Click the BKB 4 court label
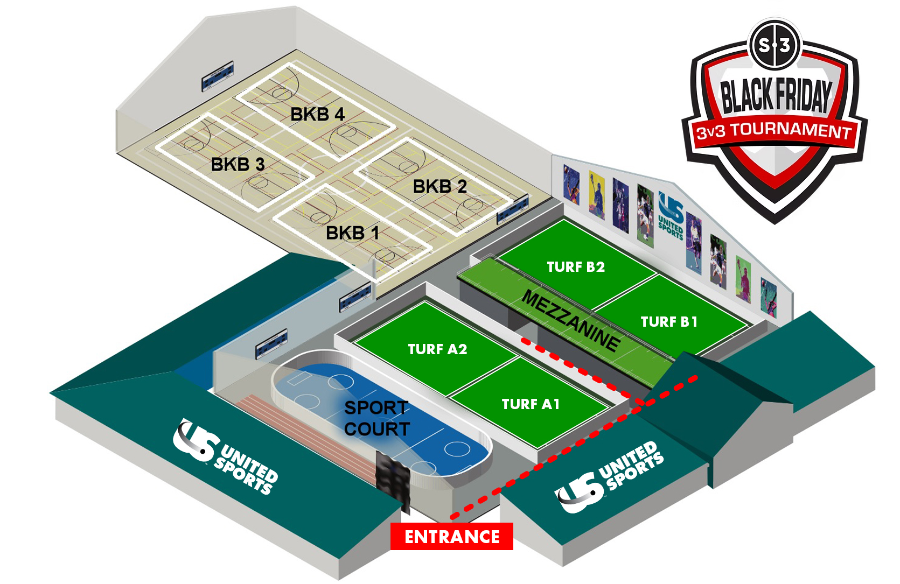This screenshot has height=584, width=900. coord(317,114)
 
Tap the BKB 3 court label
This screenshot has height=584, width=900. coord(238,164)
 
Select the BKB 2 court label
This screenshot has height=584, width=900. coord(439,187)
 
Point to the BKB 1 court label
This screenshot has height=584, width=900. coord(353,233)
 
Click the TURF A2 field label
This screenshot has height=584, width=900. coord(437,349)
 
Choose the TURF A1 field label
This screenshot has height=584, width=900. coord(531,404)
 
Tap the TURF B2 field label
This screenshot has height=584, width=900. coord(576,267)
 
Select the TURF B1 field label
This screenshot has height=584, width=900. coord(669,322)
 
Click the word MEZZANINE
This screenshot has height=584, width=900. coord(571,320)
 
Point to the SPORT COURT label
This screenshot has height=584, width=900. coord(377,418)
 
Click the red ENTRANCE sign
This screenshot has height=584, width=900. coord(452,537)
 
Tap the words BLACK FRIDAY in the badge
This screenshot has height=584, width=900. coord(776,96)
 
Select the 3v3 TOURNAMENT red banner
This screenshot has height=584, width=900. coord(774,131)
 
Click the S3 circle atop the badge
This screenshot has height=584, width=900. coord(775,45)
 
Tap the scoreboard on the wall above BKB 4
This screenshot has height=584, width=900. coord(218,76)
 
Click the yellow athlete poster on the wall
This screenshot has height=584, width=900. coord(596,194)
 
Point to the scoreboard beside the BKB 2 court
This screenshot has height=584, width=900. coord(512,209)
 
